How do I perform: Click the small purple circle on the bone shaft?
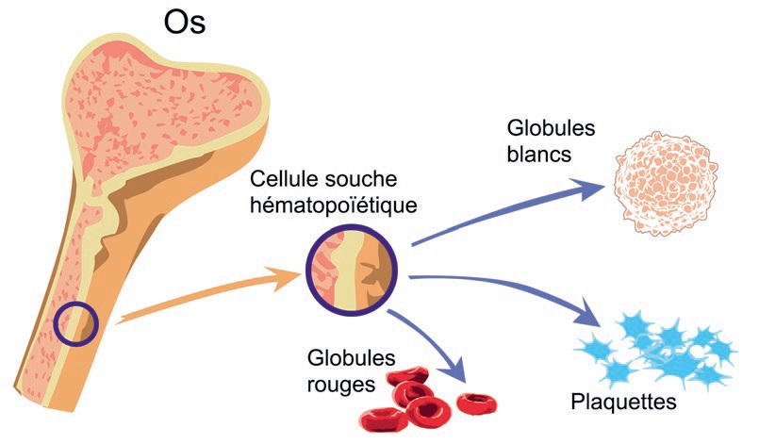point(75,324)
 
